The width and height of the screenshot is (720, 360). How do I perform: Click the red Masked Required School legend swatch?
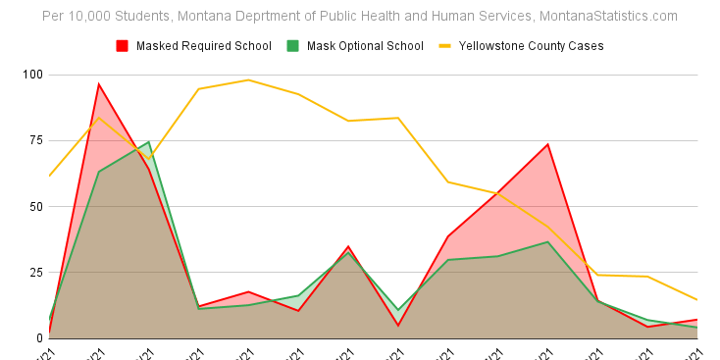tap(123, 45)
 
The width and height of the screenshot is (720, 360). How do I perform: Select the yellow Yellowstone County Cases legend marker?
tap(444, 45)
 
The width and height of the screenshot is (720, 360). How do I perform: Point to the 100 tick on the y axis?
tap(31, 75)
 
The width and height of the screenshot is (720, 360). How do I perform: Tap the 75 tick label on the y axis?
tap(34, 140)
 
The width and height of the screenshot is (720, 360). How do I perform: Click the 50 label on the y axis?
tap(34, 206)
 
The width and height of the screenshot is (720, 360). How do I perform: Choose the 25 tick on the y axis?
tap(34, 272)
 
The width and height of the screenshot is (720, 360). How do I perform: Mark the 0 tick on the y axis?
tap(38, 337)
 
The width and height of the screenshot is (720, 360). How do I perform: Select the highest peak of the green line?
tap(149, 142)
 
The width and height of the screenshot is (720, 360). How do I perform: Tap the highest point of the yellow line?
tap(248, 79)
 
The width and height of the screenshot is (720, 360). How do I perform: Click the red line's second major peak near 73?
tap(547, 144)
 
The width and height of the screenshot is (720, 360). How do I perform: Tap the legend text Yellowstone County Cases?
tap(531, 45)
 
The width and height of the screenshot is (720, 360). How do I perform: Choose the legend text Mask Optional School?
tap(365, 45)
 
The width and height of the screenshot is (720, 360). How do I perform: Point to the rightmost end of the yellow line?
tap(696, 299)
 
